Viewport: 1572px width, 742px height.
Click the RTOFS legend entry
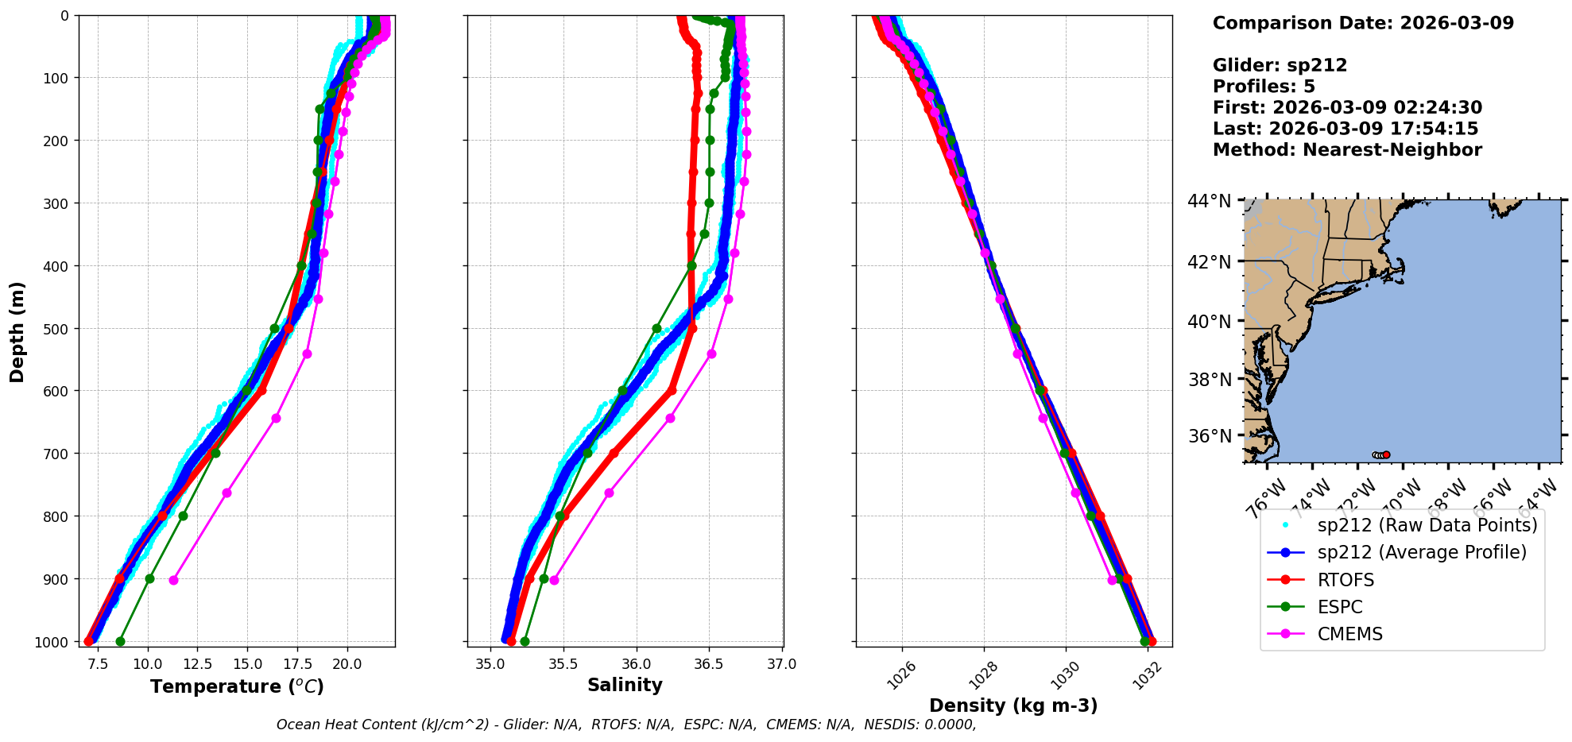[1345, 580]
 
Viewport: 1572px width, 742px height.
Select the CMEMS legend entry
[1349, 634]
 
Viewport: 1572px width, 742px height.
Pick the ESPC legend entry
[1339, 607]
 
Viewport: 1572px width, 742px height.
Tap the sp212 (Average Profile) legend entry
[1422, 552]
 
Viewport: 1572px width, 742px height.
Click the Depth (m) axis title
[17, 331]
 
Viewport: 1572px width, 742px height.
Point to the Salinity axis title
[625, 685]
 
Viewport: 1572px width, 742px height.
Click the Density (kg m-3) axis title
[1013, 705]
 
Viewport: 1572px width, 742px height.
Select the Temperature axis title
[237, 686]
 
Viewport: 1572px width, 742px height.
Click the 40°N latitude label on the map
[1209, 321]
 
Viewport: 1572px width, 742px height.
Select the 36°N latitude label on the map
[1209, 435]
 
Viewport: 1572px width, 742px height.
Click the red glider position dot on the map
[1386, 455]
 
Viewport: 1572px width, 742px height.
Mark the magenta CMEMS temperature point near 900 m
[173, 580]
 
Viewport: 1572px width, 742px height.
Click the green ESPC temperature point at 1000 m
[120, 641]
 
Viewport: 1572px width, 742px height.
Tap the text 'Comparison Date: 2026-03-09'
[1363, 23]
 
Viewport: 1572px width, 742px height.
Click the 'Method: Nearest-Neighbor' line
[1347, 150]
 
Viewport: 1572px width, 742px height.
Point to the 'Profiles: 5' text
[1264, 87]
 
